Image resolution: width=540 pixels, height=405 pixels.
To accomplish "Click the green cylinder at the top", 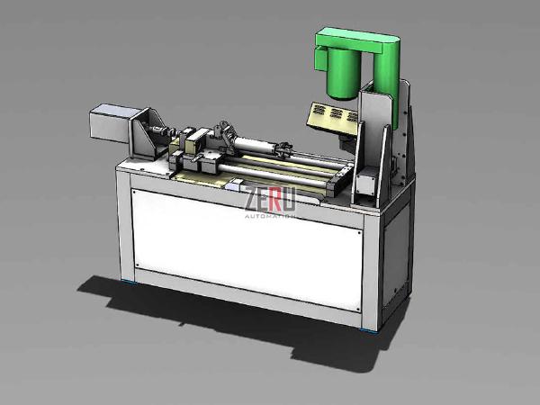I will pyautogui.click(x=343, y=74).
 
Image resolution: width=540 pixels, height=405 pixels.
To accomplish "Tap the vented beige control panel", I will pyautogui.click(x=328, y=115).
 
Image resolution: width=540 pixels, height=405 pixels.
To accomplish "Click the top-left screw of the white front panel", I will pyautogui.click(x=134, y=191).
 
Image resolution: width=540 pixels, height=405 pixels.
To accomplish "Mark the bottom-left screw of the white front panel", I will pyautogui.click(x=135, y=266).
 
